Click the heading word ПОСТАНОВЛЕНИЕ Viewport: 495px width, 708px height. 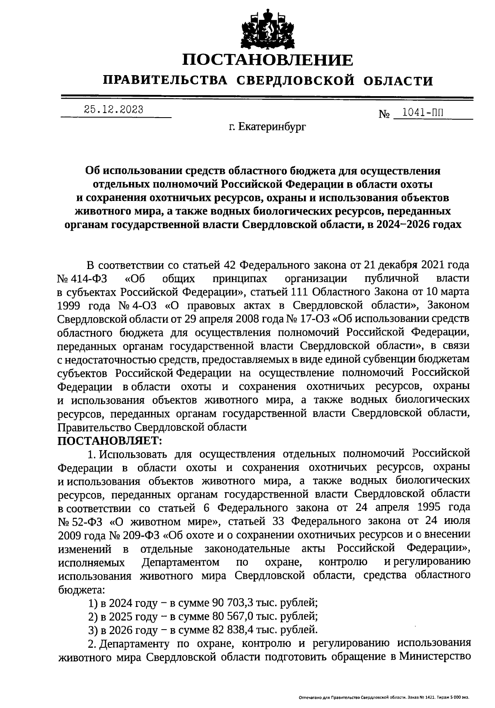point(268,60)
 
